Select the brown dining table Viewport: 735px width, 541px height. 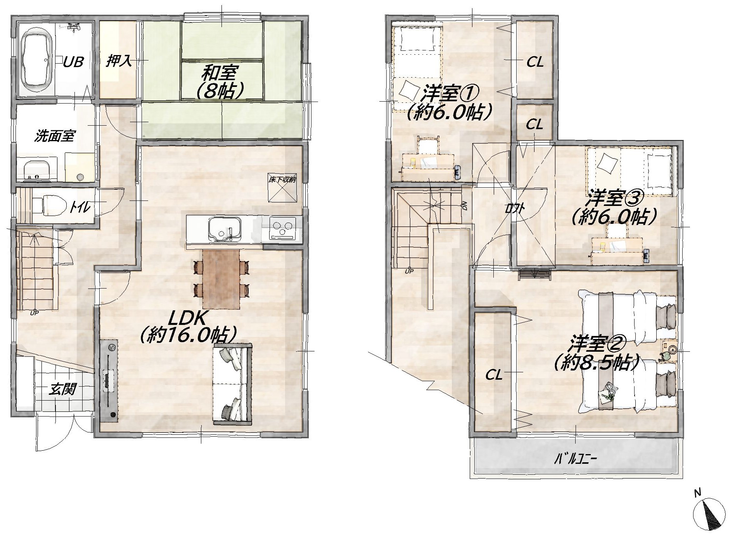(x=221, y=279)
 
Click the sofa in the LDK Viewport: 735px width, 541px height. (x=232, y=383)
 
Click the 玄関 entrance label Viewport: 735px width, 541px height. (x=62, y=389)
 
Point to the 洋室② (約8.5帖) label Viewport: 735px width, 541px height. (x=597, y=353)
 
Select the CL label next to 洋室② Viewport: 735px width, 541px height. (x=494, y=375)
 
